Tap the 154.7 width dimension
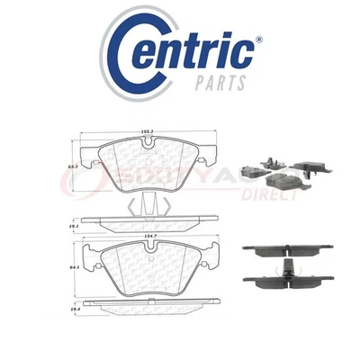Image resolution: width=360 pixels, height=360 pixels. click(x=146, y=231)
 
